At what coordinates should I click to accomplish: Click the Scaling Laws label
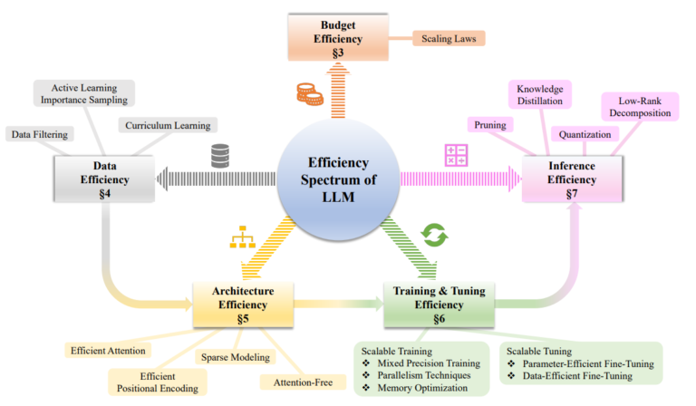[449, 39]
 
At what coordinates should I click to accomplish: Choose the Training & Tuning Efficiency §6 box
[439, 304]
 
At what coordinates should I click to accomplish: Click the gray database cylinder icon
[219, 155]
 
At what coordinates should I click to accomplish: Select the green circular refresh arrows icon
[432, 237]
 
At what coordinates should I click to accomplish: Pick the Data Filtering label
[43, 134]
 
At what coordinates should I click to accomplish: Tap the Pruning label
[491, 123]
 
